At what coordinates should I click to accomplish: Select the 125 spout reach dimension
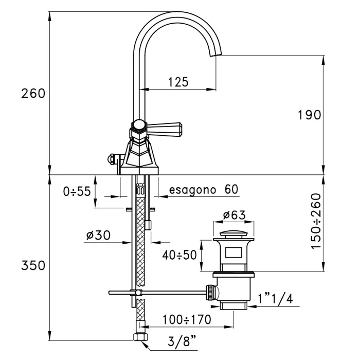(x=178, y=81)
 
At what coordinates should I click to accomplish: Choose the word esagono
(x=193, y=189)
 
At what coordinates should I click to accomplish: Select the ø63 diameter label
(x=235, y=215)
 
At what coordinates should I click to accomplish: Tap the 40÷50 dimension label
(x=179, y=255)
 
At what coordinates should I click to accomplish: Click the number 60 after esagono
(x=231, y=189)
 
